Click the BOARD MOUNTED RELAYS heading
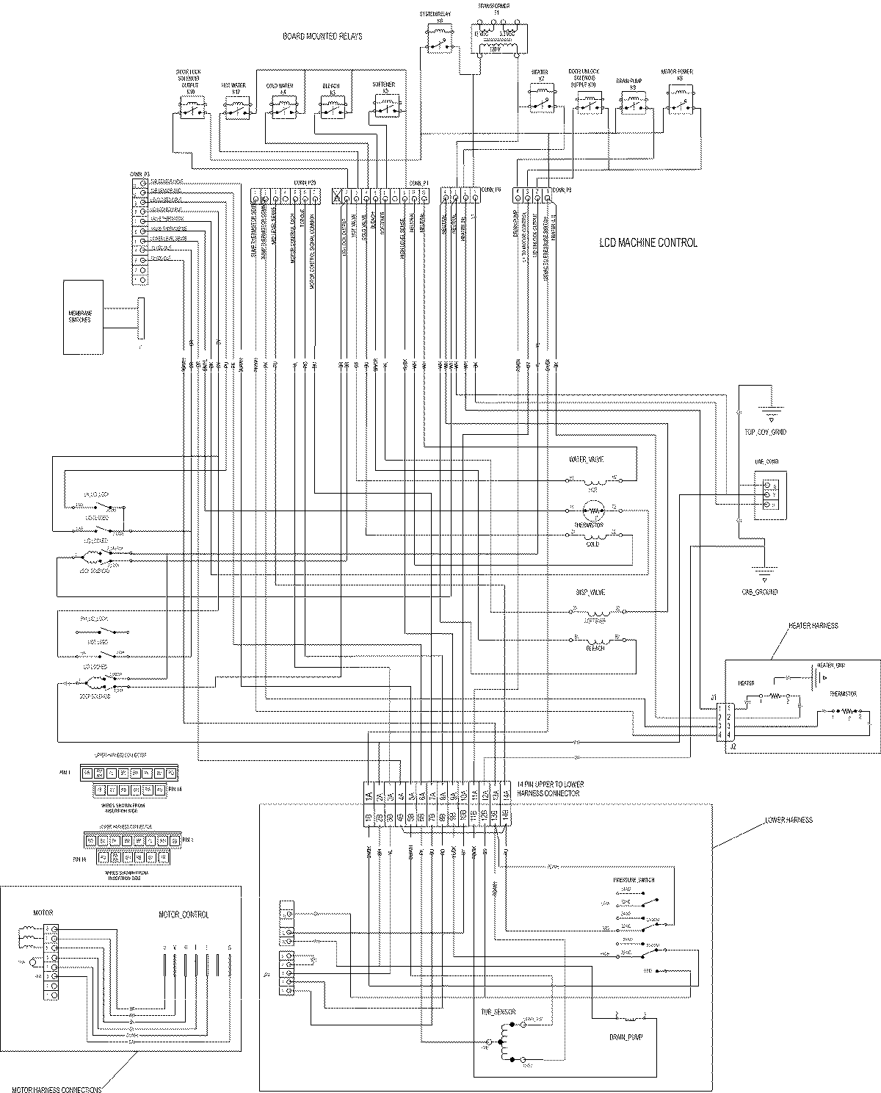tap(323, 36)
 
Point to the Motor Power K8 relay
tap(681, 99)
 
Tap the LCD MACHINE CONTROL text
tap(647, 242)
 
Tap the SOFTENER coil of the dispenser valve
tap(595, 612)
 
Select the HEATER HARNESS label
tap(813, 626)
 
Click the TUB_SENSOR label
tap(498, 1011)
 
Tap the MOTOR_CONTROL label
tap(184, 915)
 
